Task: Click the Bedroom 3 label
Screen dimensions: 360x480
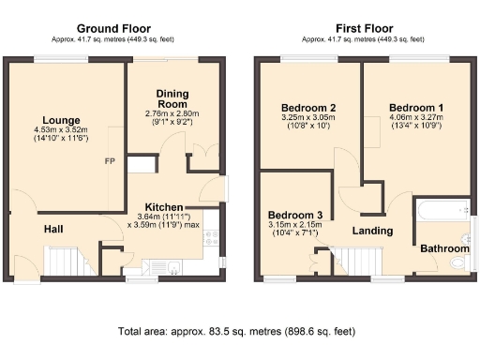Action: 293,214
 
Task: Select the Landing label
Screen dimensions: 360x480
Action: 371,231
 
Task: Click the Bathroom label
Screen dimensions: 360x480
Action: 443,248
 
